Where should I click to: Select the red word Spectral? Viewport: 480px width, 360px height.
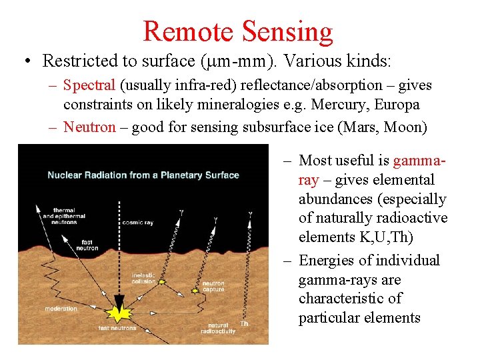[x=89, y=85]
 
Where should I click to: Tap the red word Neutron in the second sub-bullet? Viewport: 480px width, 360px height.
[x=89, y=127]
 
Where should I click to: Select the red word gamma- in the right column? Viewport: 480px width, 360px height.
[x=419, y=160]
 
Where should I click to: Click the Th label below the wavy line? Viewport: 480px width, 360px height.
[x=244, y=324]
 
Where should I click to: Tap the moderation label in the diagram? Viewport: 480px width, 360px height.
[x=61, y=309]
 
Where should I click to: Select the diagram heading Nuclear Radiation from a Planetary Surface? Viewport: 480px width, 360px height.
[x=143, y=175]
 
